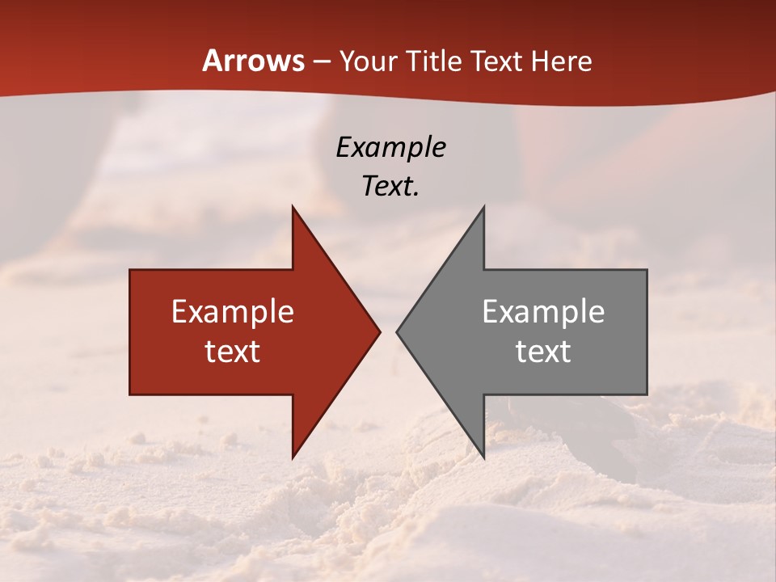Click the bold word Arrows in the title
pyautogui.click(x=253, y=61)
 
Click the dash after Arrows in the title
pyautogui.click(x=322, y=61)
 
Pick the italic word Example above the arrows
pyautogui.click(x=390, y=147)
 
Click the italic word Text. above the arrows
pyautogui.click(x=390, y=186)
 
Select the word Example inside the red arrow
pyautogui.click(x=233, y=312)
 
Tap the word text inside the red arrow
pyautogui.click(x=233, y=351)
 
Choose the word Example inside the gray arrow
pyautogui.click(x=543, y=312)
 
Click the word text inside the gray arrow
pyautogui.click(x=543, y=351)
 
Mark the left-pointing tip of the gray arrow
pyautogui.click(x=398, y=331)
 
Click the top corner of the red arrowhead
pyautogui.click(x=293, y=207)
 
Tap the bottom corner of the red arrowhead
pyautogui.click(x=293, y=457)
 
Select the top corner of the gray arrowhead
pyautogui.click(x=483, y=207)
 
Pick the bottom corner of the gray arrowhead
pyautogui.click(x=483, y=457)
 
